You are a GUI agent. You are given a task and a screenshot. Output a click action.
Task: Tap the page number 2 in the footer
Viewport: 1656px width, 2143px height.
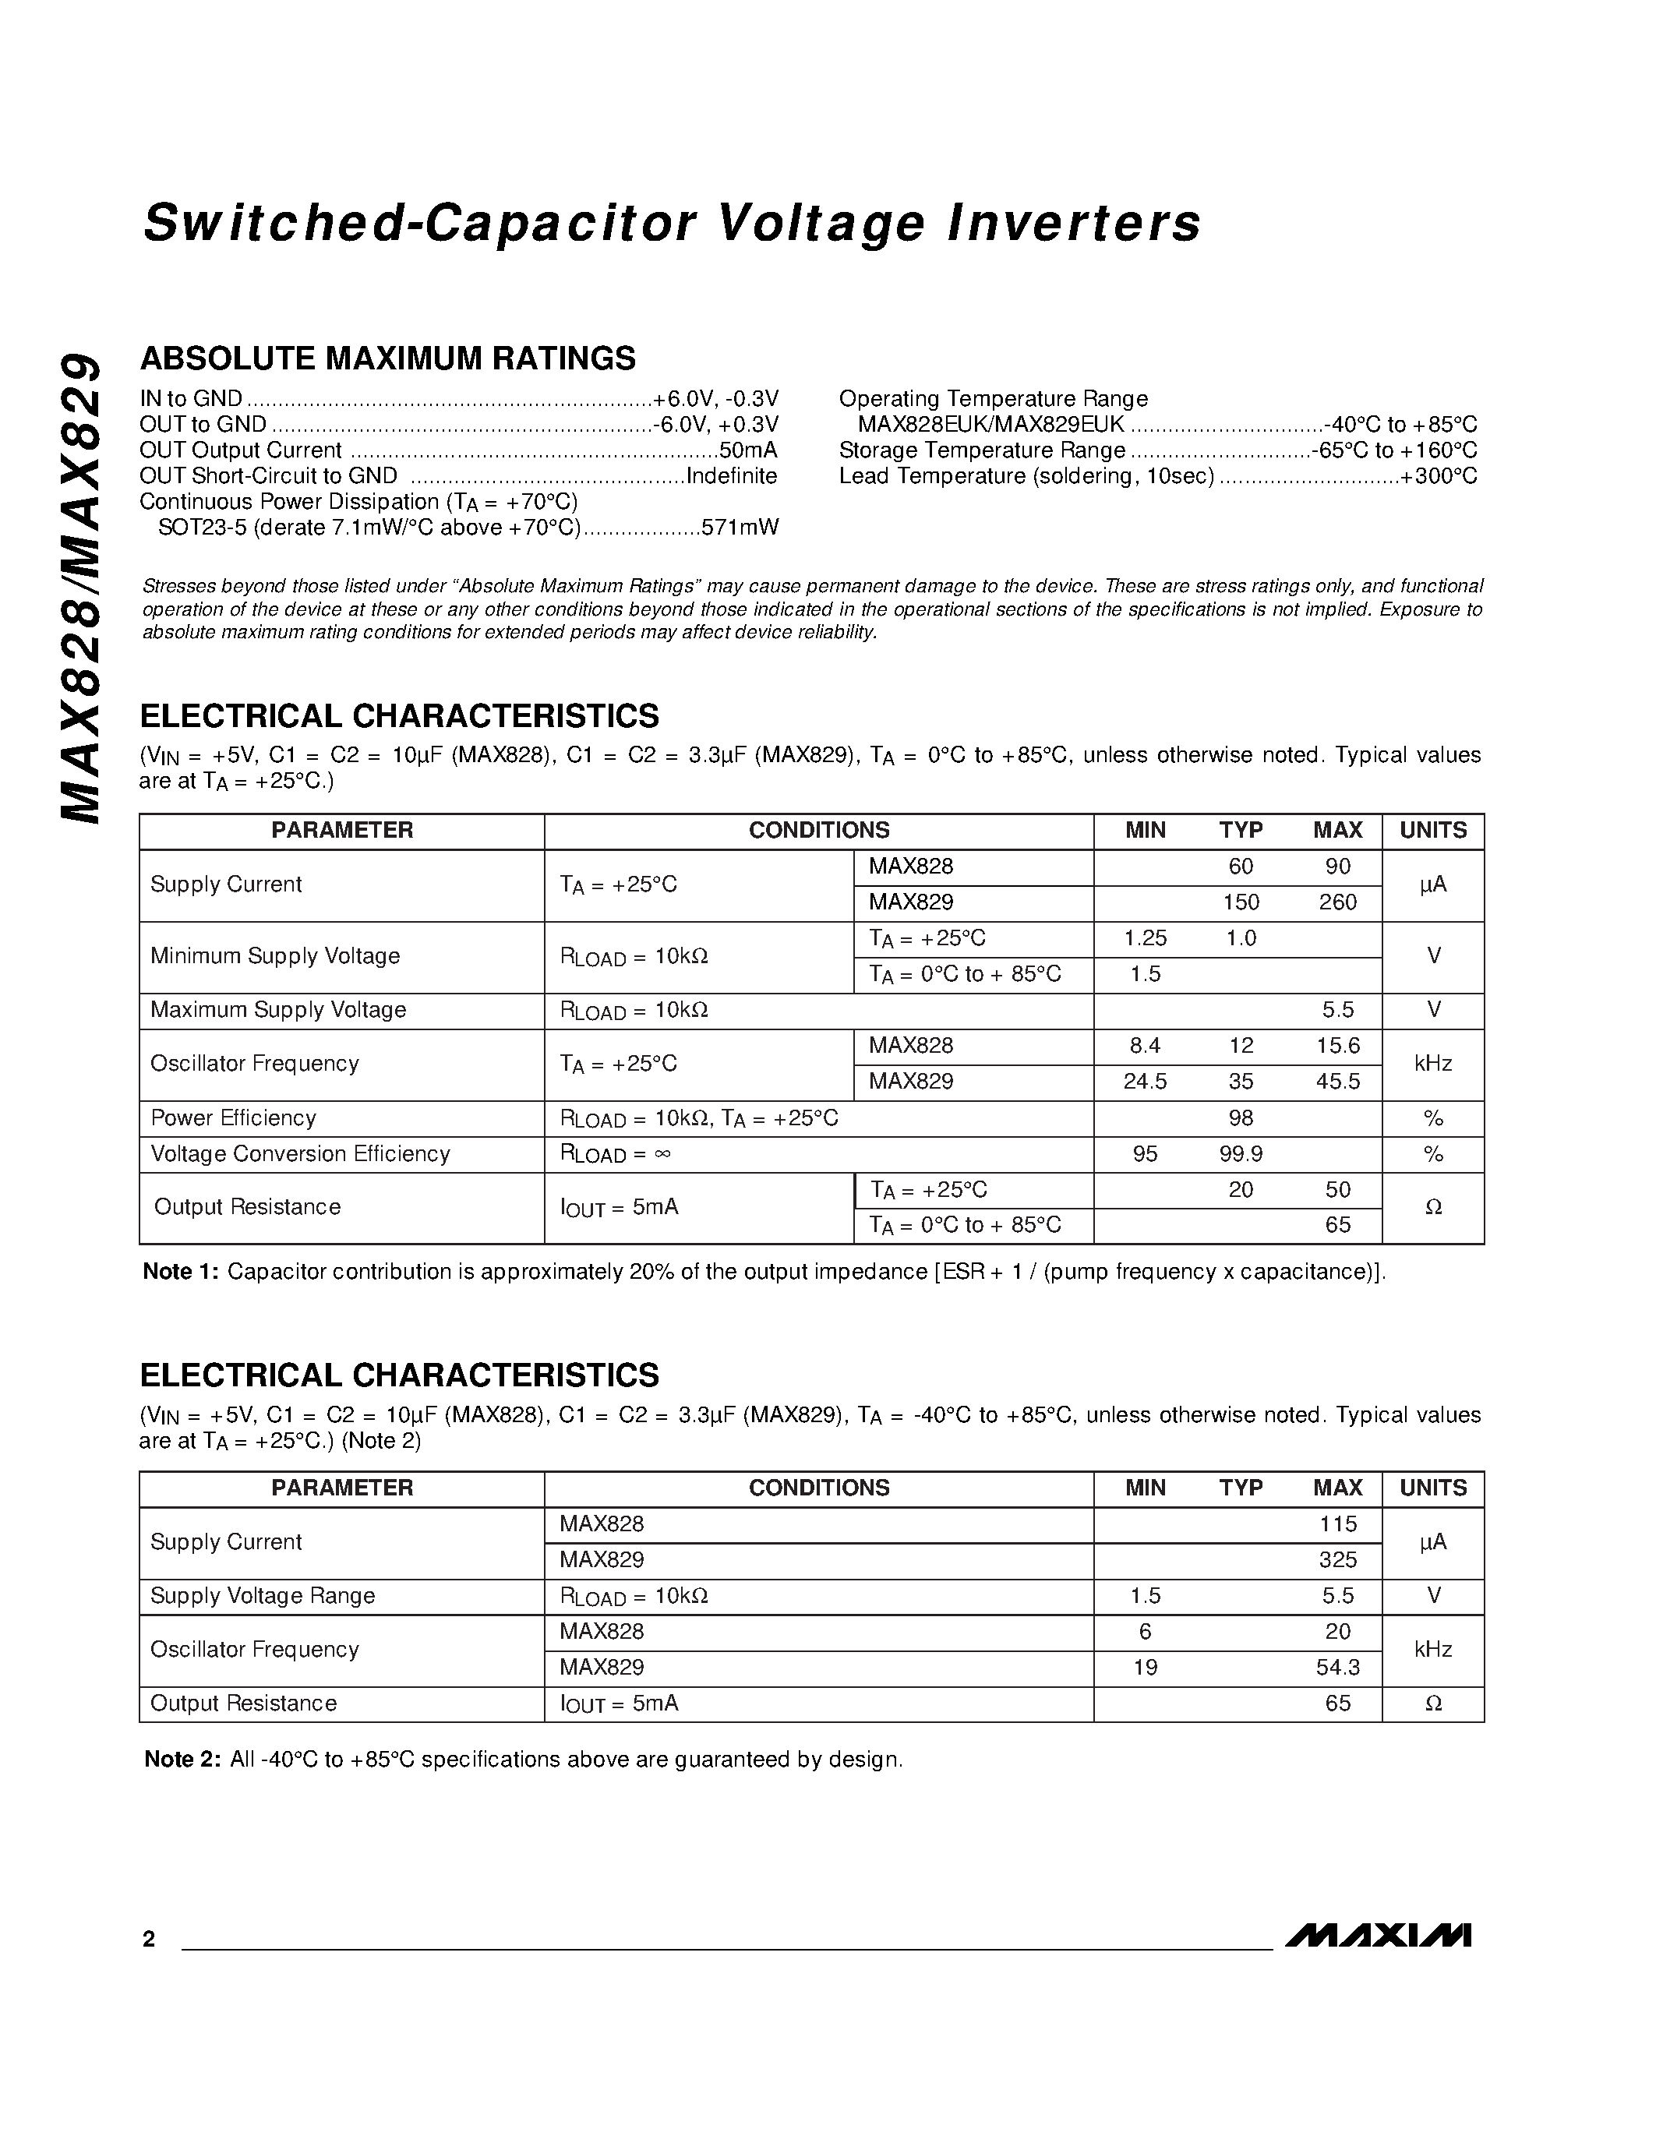(x=149, y=1939)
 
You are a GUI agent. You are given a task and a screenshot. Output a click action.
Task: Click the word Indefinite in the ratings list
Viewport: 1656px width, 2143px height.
(x=732, y=476)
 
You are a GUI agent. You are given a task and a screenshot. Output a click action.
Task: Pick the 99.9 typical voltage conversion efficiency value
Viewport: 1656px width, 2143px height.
(x=1240, y=1154)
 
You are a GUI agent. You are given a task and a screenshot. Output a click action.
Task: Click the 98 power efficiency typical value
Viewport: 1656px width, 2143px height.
(x=1240, y=1117)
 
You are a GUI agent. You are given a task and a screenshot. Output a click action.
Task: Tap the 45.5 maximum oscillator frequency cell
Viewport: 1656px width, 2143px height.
(x=1337, y=1082)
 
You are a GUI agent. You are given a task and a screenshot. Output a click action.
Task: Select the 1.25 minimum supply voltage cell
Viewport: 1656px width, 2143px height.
(x=1145, y=938)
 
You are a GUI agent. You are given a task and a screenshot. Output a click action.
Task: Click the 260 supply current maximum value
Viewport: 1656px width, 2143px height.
(x=1337, y=902)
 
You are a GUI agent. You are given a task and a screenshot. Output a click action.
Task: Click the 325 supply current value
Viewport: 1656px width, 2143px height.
(x=1337, y=1559)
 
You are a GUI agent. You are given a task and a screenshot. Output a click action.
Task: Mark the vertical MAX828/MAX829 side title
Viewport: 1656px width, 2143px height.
(x=80, y=588)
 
